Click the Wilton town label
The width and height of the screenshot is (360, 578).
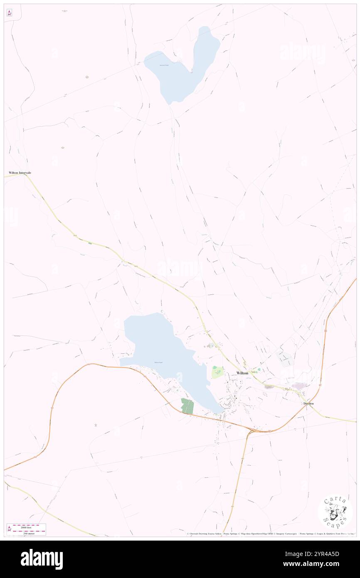[242, 373]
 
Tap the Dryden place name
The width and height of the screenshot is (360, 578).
[308, 403]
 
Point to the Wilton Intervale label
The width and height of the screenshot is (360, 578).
[20, 172]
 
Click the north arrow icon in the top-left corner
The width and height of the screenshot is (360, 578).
[9, 12]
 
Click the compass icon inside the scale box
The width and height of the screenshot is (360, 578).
[10, 529]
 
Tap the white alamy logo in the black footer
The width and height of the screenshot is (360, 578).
[42, 559]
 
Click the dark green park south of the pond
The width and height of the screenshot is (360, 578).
[187, 406]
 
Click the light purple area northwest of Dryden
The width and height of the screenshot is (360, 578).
[300, 386]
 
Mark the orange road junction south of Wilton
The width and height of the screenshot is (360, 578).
[250, 432]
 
